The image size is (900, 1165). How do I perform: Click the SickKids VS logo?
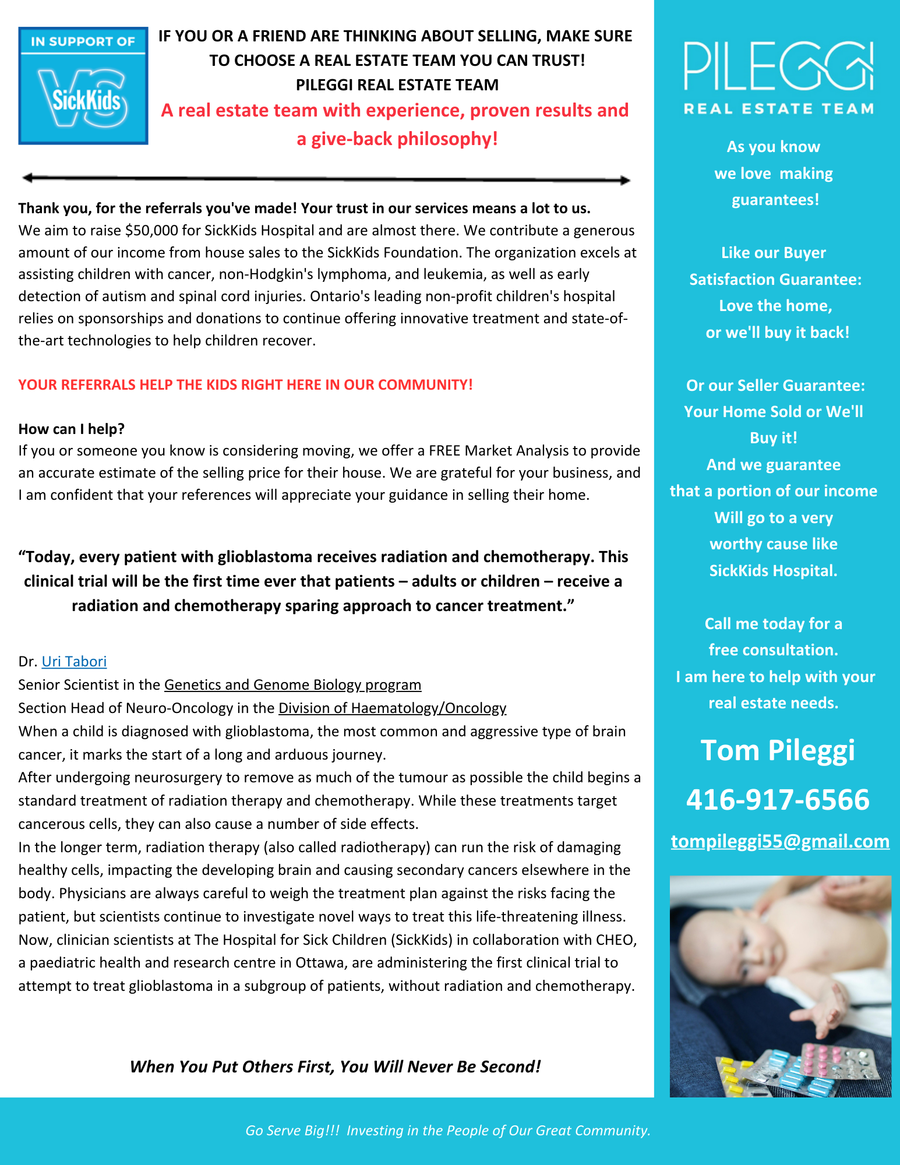(83, 86)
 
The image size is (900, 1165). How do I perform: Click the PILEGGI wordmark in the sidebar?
(778, 65)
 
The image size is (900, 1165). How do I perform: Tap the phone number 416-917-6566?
(778, 799)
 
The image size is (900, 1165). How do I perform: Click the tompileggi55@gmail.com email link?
(780, 841)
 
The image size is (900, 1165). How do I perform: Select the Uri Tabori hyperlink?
(74, 662)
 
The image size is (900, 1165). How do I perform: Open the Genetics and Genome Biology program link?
(292, 684)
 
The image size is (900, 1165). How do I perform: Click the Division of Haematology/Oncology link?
(392, 708)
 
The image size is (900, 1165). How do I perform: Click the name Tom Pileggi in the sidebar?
(778, 750)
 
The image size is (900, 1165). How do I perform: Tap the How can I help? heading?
(72, 429)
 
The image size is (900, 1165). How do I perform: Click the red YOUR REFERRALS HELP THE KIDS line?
(245, 385)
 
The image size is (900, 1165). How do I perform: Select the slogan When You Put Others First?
(335, 1067)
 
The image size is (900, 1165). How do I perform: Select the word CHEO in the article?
(616, 940)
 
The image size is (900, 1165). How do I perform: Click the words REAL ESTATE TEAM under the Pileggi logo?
(778, 109)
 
